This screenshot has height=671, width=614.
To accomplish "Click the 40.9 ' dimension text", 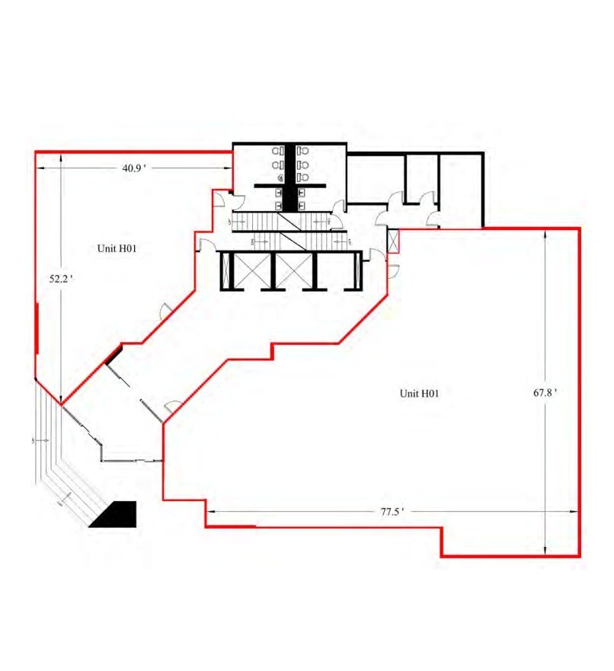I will [x=133, y=169].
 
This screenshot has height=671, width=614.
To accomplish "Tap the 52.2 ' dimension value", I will [x=60, y=280].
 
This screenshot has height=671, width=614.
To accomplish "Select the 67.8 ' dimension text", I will [x=545, y=393].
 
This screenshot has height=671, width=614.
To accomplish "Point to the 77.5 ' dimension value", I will [x=392, y=512].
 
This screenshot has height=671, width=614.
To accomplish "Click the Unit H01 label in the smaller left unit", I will [x=117, y=248].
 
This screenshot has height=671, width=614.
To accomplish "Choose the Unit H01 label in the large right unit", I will [x=420, y=393].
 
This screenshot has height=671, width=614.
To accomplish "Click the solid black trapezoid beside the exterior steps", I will [x=114, y=515].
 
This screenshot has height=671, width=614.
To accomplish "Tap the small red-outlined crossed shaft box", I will [x=393, y=242].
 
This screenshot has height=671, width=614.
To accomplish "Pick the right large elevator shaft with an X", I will [x=293, y=270].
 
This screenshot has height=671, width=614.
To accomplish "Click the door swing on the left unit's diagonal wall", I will [x=165, y=311].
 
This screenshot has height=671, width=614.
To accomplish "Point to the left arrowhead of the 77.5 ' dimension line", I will [x=211, y=511].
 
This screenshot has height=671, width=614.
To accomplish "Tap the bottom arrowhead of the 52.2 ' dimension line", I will [x=60, y=397].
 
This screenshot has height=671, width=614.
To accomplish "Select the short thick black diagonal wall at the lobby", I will [x=114, y=355].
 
